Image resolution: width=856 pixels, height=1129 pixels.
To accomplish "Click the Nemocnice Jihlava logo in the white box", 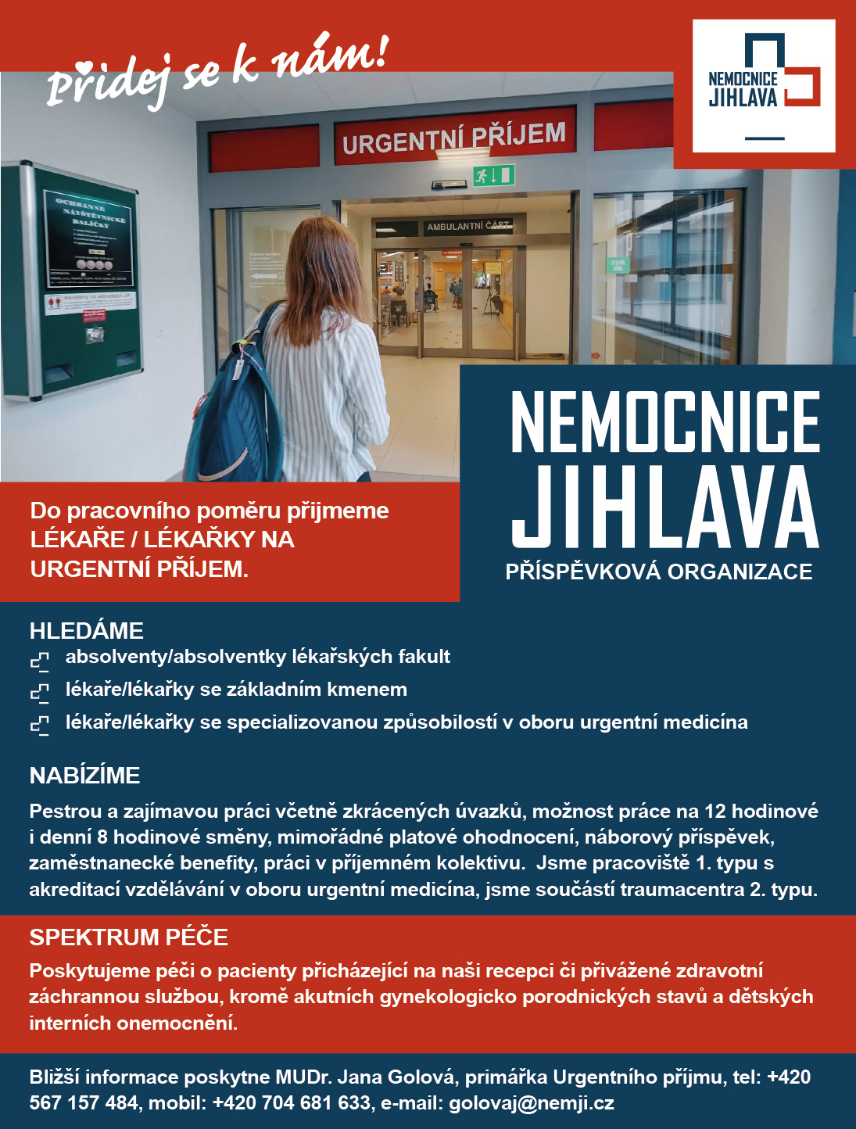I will [763, 85].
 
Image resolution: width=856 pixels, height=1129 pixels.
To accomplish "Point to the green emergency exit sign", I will [493, 175].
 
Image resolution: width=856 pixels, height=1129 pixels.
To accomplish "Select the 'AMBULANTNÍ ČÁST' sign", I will [467, 226].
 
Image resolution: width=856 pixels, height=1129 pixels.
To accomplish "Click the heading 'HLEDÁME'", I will [87, 631].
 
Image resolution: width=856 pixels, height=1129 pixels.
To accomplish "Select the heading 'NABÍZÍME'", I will [85, 776].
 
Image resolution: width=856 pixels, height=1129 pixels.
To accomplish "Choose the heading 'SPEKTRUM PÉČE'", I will [129, 937].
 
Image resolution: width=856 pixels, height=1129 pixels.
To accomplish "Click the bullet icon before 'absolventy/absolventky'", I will [40, 661].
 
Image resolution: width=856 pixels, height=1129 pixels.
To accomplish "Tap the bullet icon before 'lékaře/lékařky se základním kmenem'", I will [40, 693].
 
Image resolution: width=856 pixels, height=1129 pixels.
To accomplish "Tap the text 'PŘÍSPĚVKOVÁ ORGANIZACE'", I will [659, 572].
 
